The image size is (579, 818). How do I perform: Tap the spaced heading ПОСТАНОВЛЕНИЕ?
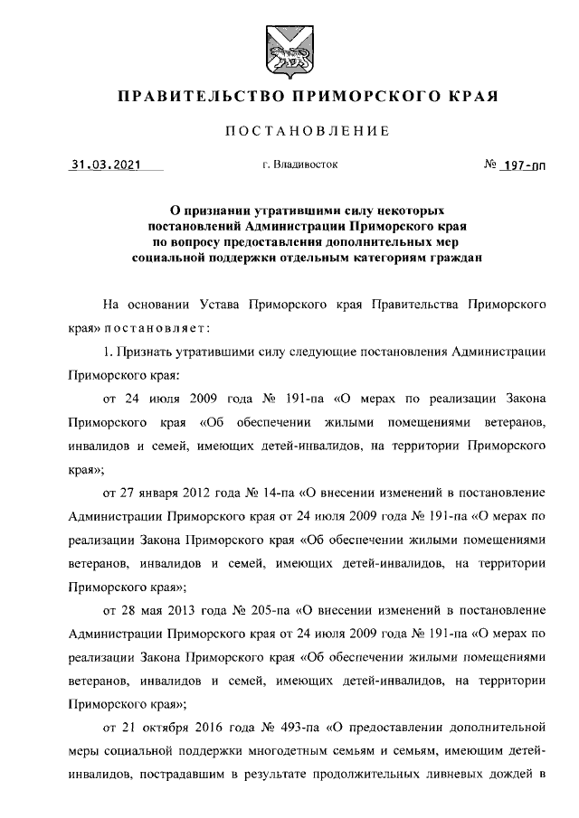coord(307,132)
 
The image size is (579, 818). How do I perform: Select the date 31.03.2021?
coord(105,165)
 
